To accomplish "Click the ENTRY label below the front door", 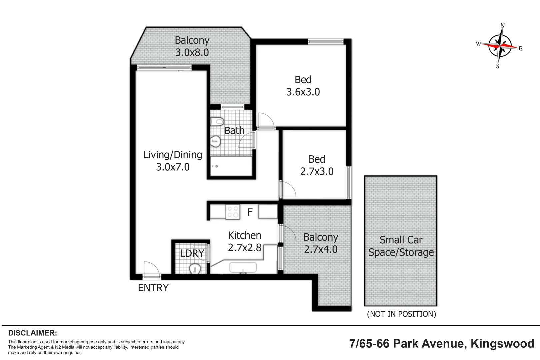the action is point(153,288).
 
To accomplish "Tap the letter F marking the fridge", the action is point(250,212).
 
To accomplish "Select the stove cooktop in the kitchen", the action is point(233,212).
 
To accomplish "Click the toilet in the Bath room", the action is point(217,121).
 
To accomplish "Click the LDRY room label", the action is point(192,253).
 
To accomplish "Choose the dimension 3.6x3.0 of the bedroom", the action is point(303,92).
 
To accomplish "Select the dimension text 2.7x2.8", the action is point(245,248).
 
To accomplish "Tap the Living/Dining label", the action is point(173,155).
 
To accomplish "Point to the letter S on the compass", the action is point(497,66).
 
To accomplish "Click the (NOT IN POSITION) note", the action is point(401,314).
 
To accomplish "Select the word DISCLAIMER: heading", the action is point(33,333).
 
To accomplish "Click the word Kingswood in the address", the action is point(502,344).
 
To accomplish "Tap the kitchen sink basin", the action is point(243,267).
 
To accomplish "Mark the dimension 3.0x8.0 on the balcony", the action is point(192,53).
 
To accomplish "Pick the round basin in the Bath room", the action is point(216,141).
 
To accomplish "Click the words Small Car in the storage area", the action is point(401,240).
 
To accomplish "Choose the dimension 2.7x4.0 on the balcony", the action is point(321,249).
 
